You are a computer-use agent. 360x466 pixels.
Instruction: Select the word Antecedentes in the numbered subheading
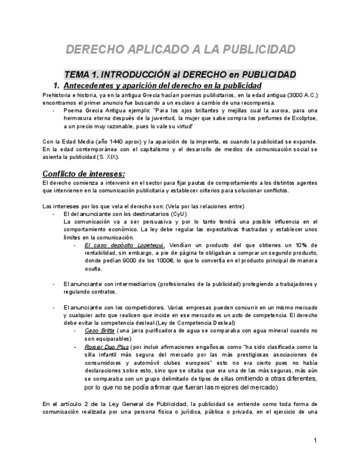tap(90, 86)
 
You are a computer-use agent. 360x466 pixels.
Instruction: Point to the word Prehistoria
tap(57, 95)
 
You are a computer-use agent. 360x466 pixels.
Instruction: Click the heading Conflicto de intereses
tap(84, 174)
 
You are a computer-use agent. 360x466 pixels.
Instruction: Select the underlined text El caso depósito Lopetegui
tap(124, 245)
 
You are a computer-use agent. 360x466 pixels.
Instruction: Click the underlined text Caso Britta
tap(99, 331)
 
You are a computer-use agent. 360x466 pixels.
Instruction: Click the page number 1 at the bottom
tap(315, 441)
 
